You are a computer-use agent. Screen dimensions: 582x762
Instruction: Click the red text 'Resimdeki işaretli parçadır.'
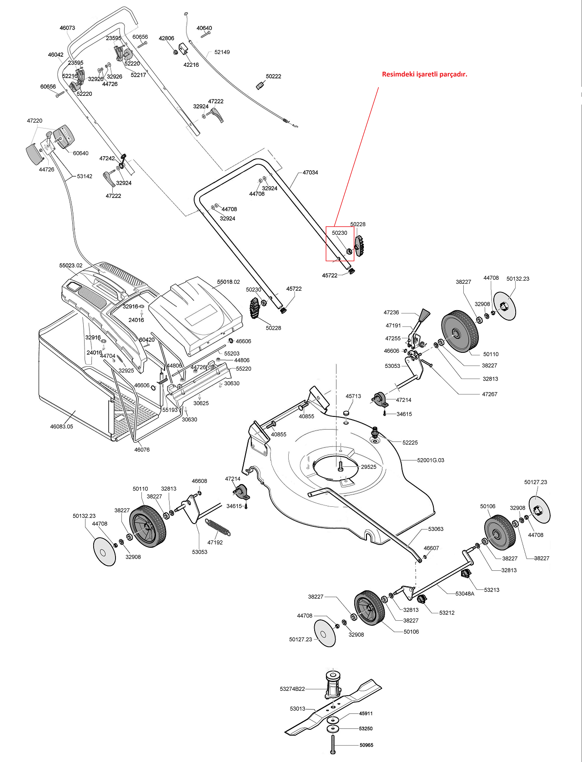point(425,74)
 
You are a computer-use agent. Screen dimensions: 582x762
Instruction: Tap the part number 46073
point(67,28)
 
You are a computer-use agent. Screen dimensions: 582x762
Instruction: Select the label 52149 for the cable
point(222,52)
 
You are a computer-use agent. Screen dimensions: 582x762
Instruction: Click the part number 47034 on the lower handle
point(310,172)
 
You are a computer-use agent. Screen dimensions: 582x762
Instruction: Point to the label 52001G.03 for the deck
point(431,460)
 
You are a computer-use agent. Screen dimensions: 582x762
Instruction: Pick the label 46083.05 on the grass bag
point(61,426)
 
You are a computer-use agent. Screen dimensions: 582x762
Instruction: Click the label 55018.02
point(229,282)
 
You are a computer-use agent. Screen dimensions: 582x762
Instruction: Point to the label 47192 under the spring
point(215,542)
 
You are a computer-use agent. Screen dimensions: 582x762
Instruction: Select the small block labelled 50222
point(261,85)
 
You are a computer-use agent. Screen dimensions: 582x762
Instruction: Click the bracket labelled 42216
point(184,49)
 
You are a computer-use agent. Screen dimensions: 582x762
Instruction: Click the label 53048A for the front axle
point(465,594)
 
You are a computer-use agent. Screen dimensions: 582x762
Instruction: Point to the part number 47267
point(490,394)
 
